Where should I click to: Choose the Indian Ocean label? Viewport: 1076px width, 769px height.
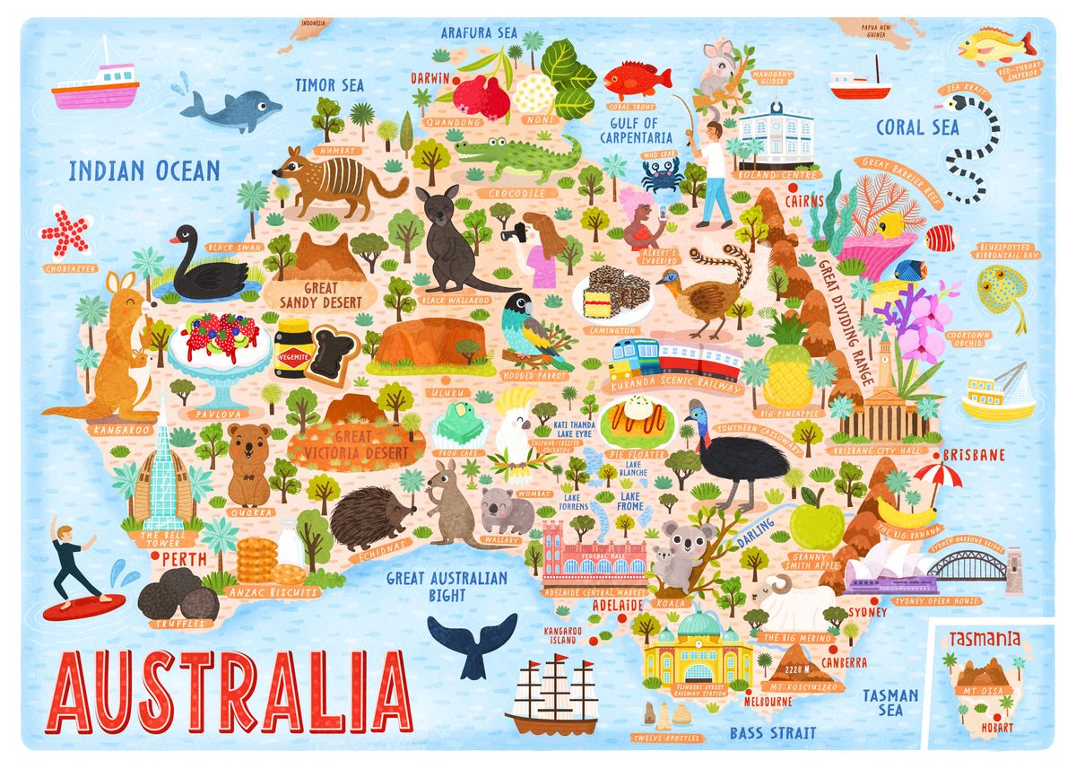144,170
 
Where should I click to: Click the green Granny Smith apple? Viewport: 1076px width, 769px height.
816,520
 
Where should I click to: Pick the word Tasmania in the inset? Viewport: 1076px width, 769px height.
985,640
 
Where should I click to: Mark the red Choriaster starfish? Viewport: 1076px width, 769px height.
67,232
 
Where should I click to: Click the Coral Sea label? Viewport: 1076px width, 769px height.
917,127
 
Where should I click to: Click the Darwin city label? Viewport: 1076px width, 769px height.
430,78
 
